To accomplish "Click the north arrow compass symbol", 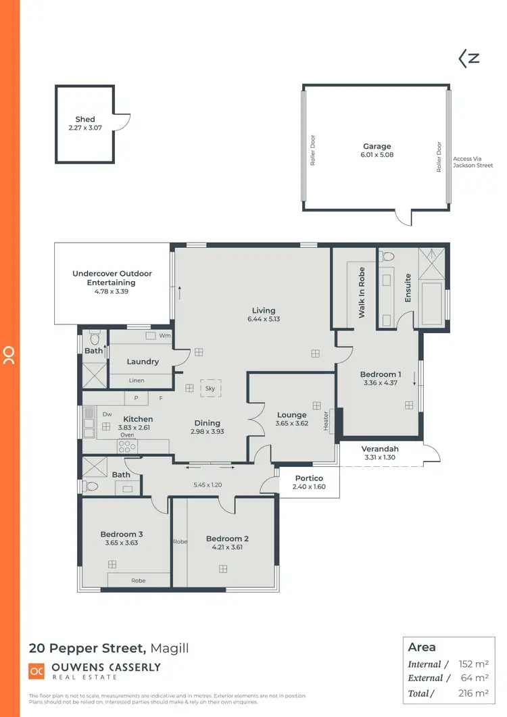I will pyautogui.click(x=468, y=59).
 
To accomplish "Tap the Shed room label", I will pyautogui.click(x=85, y=119).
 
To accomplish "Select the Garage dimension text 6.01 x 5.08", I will pyautogui.click(x=377, y=155).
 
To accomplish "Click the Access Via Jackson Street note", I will pyautogui.click(x=473, y=162).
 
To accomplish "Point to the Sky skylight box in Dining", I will pyautogui.click(x=210, y=389).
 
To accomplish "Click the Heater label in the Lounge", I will pyautogui.click(x=325, y=421).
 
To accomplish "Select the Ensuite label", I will pyautogui.click(x=408, y=288).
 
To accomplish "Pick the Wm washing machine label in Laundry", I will pyautogui.click(x=165, y=336).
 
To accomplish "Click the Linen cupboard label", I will pyautogui.click(x=137, y=380).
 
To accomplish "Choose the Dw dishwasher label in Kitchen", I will pyautogui.click(x=107, y=414).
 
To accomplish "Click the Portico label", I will pyautogui.click(x=308, y=478).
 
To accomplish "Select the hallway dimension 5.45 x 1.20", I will pyautogui.click(x=208, y=485).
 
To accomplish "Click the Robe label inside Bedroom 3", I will pyautogui.click(x=138, y=580).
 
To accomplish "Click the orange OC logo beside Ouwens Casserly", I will pyautogui.click(x=36, y=671).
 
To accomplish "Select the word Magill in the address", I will pyautogui.click(x=169, y=648).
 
